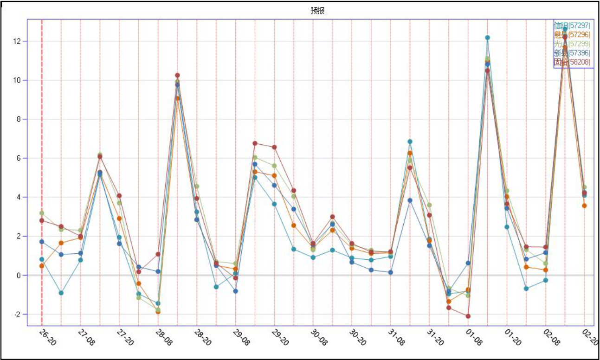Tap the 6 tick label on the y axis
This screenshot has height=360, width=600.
[19, 158]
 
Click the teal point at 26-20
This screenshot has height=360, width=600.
[42, 259]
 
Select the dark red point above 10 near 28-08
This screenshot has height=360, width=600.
[177, 75]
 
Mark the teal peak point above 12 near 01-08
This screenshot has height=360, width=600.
[488, 38]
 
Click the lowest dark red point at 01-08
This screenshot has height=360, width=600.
[468, 316]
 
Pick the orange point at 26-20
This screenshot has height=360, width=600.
[42, 266]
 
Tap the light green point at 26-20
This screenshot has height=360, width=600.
[42, 213]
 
